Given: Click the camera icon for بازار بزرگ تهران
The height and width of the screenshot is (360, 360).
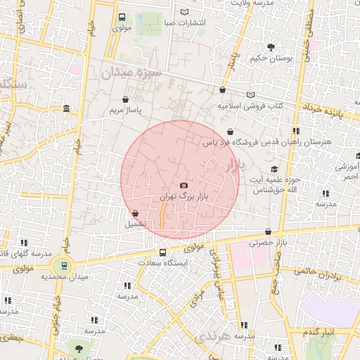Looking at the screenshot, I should pos(184,185).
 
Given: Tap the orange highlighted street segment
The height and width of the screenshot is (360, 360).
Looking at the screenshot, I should pos(163,215).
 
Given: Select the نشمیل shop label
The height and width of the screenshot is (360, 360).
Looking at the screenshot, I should pos(136,224).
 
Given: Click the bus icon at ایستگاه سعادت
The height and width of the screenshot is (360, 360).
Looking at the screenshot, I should pos(163,252).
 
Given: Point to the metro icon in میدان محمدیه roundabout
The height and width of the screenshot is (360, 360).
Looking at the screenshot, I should pos(65,265).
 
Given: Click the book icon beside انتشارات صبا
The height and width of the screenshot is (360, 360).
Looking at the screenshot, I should pos(184,12).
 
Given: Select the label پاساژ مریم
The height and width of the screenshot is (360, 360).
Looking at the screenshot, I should pos(127,111).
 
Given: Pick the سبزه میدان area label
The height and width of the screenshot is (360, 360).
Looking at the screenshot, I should pos(131,72).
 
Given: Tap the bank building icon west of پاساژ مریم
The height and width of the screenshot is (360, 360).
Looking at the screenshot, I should pos(66,108).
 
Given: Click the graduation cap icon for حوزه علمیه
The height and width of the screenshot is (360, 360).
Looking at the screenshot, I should pos(274,169).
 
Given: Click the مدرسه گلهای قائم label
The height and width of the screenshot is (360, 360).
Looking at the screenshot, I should pos(25,252).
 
